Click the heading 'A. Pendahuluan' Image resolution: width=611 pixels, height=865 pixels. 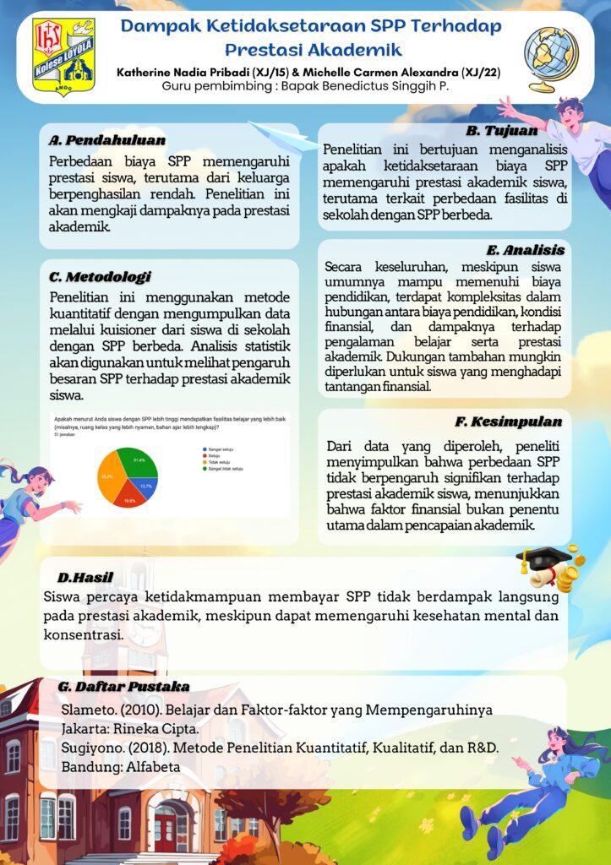[106, 139]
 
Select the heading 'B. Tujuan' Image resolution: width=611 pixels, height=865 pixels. [501, 131]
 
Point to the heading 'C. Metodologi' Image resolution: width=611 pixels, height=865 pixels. [100, 276]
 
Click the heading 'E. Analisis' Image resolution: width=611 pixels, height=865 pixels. [525, 250]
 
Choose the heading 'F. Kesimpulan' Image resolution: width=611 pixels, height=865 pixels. [508, 421]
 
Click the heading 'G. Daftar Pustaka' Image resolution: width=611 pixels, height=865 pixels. [123, 686]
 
